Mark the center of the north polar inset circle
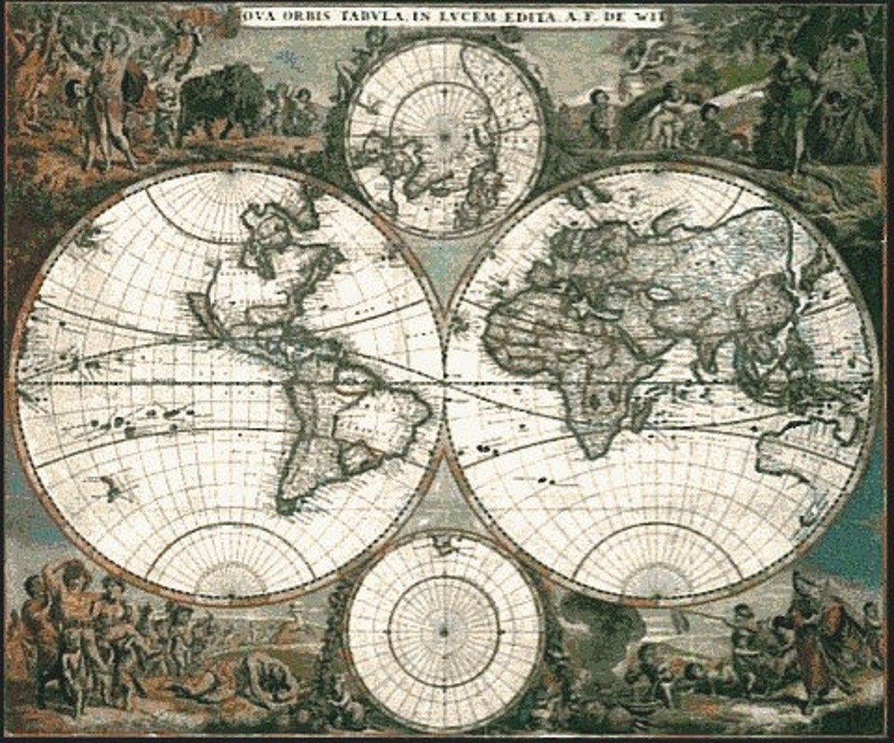pos(444,136)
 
